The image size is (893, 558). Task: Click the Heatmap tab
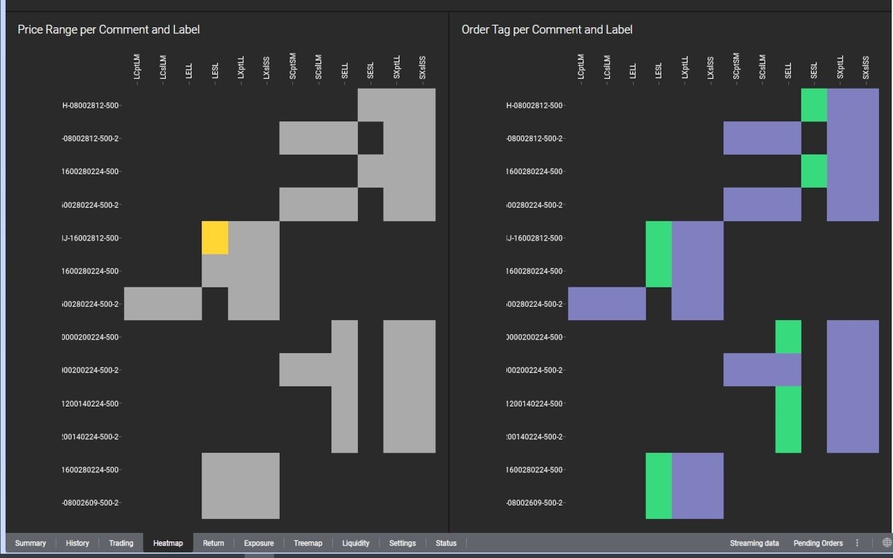pos(167,543)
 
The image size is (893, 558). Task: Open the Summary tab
pos(30,543)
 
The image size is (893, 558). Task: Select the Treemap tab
pos(308,543)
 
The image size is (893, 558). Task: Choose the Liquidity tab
pos(356,543)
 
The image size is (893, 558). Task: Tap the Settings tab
pos(403,543)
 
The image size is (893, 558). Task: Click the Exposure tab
pos(259,543)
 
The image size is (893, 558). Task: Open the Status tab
pos(446,543)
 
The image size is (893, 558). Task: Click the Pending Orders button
pos(818,543)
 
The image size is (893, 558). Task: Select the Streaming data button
pos(754,543)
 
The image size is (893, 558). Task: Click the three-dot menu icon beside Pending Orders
pos(857,543)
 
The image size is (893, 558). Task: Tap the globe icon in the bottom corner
pos(887,543)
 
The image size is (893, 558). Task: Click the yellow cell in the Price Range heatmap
pos(215,238)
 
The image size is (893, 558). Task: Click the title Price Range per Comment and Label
pos(109,29)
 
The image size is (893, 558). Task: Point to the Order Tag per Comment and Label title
pos(547,29)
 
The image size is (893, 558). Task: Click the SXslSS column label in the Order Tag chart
pos(866,68)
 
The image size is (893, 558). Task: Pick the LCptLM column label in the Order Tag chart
pos(580,67)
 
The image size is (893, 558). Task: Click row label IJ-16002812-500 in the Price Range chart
pos(91,238)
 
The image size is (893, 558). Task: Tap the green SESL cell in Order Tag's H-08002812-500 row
pos(814,105)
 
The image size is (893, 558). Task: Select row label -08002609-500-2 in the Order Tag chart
pos(534,503)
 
